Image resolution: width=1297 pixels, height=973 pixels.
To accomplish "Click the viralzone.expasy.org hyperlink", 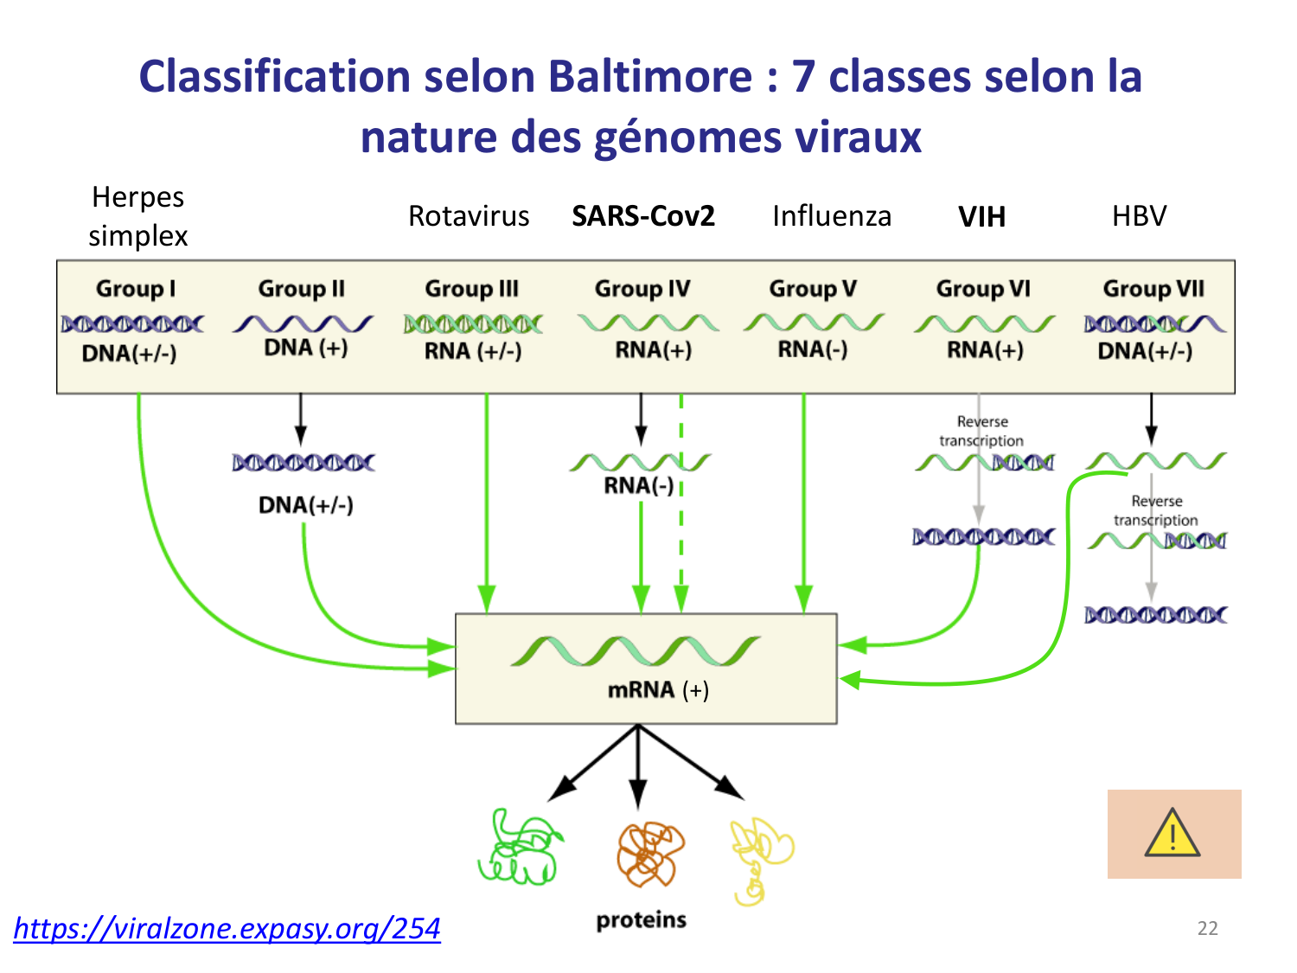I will pyautogui.click(x=227, y=928).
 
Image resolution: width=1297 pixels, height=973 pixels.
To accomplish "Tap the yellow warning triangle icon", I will pyautogui.click(x=1172, y=834).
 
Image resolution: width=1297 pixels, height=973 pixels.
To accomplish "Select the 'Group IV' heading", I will pyautogui.click(x=642, y=289).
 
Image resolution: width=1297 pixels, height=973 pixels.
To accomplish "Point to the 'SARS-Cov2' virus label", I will pyautogui.click(x=643, y=215).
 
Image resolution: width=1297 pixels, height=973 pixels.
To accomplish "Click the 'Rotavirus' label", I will pyautogui.click(x=469, y=215).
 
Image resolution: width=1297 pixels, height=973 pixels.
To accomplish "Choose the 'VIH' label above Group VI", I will pyautogui.click(x=981, y=216).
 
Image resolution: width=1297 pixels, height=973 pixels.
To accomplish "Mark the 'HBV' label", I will pyautogui.click(x=1139, y=215).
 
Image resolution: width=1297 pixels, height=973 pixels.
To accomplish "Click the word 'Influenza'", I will pyautogui.click(x=832, y=215).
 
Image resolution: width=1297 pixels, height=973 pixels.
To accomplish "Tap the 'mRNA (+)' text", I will pyautogui.click(x=658, y=690).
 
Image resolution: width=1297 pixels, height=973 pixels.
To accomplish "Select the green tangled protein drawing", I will pyautogui.click(x=519, y=848).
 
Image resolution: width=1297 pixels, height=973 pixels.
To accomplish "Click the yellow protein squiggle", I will pyautogui.click(x=759, y=856).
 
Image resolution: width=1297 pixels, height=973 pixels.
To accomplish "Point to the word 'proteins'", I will pyautogui.click(x=641, y=920).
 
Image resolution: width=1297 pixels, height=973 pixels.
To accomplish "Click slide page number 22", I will pyautogui.click(x=1207, y=929).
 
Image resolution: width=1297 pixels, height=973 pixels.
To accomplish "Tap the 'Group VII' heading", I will pyautogui.click(x=1153, y=289).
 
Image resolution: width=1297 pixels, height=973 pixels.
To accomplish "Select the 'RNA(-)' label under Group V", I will pyautogui.click(x=813, y=349).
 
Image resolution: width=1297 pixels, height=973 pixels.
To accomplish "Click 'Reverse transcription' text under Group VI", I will pyautogui.click(x=982, y=431).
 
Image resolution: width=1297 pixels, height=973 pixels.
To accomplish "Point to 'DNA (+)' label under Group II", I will pyautogui.click(x=306, y=348).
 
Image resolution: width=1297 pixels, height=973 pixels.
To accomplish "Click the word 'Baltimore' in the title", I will pyautogui.click(x=650, y=76).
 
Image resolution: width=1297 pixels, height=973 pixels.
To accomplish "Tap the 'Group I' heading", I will pyautogui.click(x=136, y=289).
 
